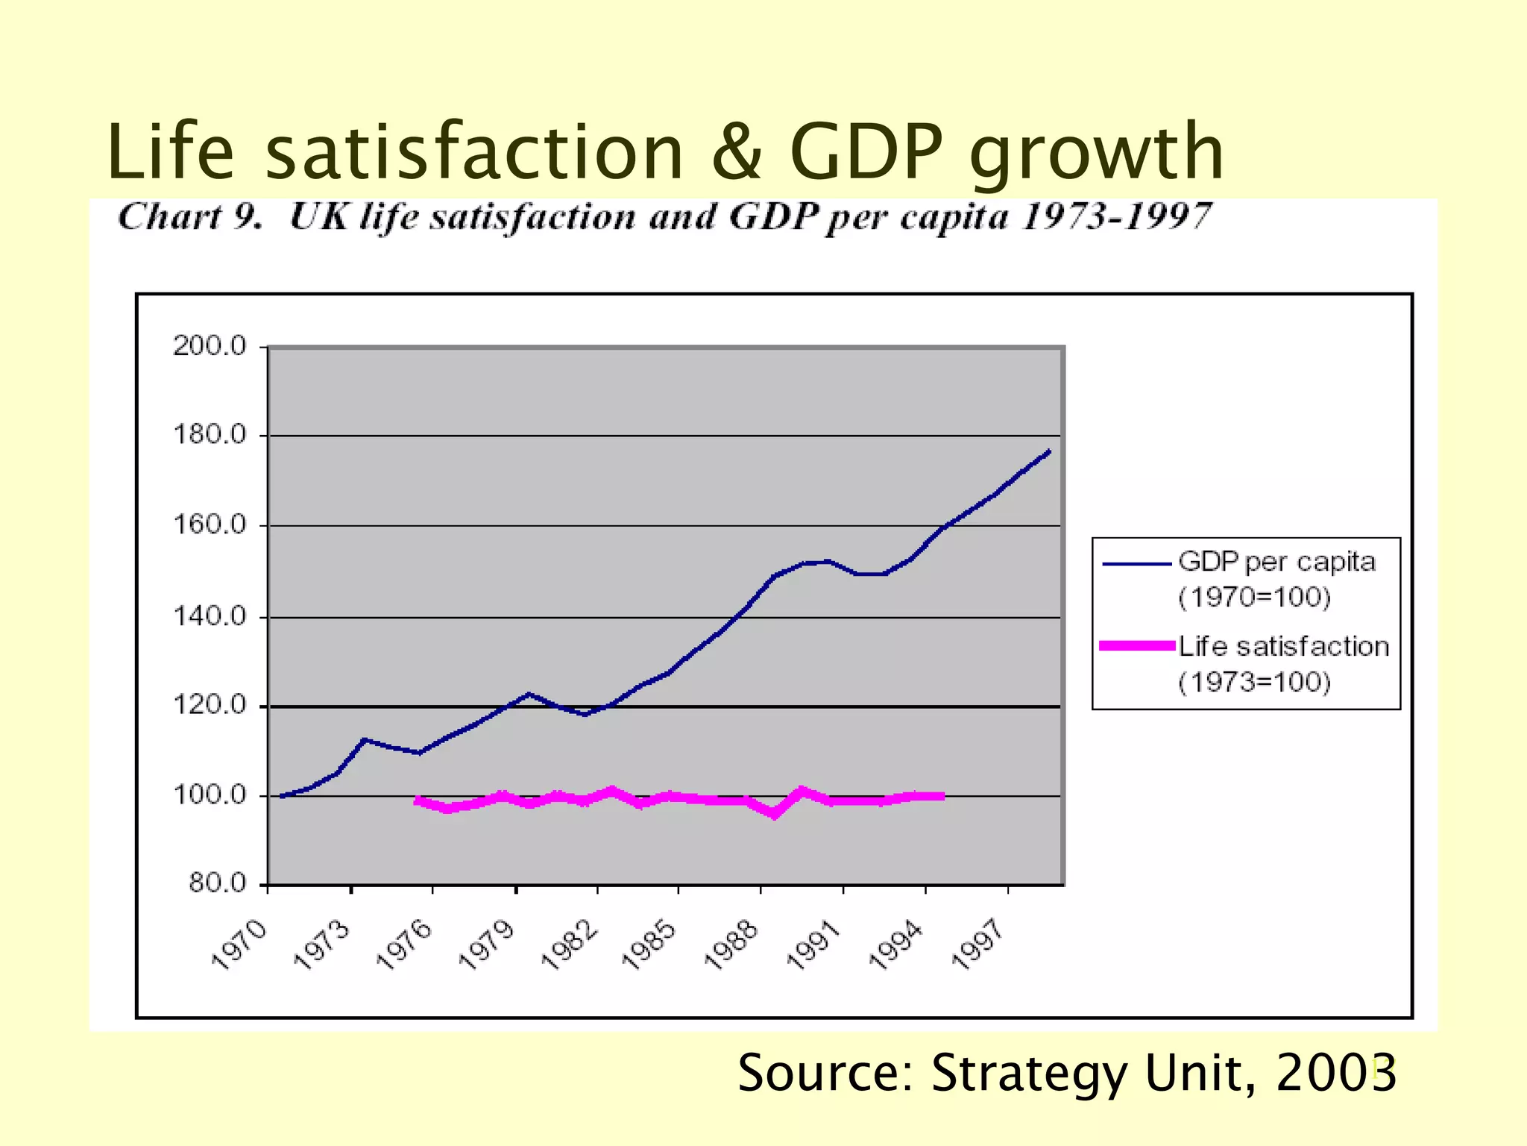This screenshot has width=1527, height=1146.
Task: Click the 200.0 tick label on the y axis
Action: (x=210, y=346)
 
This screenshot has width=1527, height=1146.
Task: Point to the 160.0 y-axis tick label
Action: (x=210, y=525)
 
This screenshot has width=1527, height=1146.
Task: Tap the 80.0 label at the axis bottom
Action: (x=217, y=884)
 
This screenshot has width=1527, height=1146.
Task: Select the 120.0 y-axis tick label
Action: (x=210, y=705)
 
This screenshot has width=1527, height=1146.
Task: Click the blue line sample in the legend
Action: (x=1136, y=565)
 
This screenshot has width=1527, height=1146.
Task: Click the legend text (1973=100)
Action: (x=1254, y=682)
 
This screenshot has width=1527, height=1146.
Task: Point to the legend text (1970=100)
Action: (x=1254, y=597)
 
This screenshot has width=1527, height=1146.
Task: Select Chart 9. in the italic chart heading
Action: (x=191, y=218)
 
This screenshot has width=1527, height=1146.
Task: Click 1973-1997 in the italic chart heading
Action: (x=1116, y=218)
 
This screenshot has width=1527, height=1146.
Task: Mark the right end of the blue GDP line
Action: (x=1049, y=451)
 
